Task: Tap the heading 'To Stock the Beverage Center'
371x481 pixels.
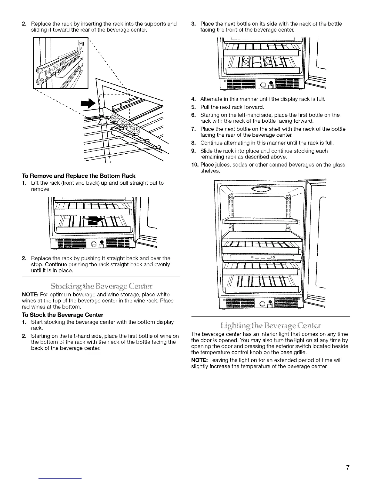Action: point(62,315)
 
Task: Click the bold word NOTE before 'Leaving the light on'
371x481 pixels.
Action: point(199,360)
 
